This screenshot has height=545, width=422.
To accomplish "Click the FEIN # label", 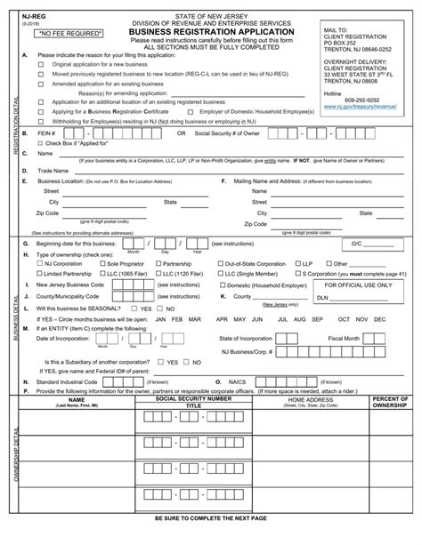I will [x=47, y=134].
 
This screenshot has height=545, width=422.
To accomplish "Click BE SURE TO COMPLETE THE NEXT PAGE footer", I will [x=210, y=541].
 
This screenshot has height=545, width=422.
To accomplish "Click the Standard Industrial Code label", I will [x=72, y=379].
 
